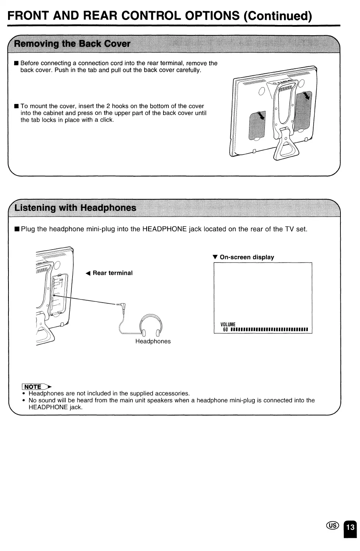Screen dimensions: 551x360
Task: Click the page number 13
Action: click(350, 527)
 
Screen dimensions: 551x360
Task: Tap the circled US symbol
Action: click(333, 526)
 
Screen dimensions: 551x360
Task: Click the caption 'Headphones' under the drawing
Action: click(153, 341)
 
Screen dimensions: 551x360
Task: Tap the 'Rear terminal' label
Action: click(112, 273)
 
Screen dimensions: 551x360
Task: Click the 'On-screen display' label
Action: click(247, 257)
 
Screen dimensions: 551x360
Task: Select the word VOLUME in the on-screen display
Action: click(228, 324)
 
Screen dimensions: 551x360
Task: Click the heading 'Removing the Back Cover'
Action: click(72, 43)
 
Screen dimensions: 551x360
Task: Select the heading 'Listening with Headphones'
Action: click(75, 208)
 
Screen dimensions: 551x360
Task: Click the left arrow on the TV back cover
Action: click(261, 116)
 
